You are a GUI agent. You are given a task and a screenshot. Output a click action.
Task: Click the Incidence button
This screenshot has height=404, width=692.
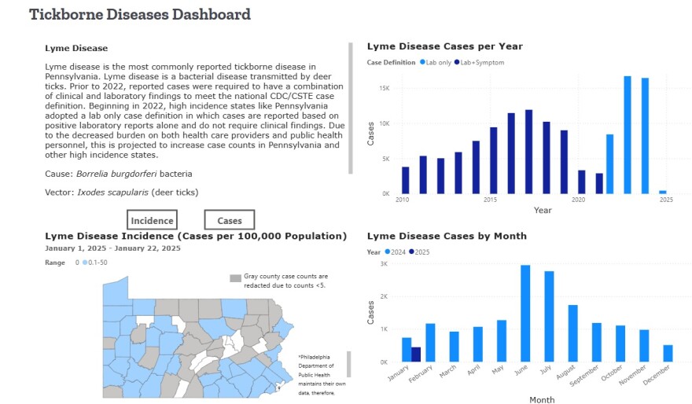(x=152, y=221)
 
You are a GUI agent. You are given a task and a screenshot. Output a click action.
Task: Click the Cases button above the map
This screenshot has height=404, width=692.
(x=229, y=221)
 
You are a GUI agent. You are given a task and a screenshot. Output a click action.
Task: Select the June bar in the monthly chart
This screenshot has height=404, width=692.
(x=525, y=313)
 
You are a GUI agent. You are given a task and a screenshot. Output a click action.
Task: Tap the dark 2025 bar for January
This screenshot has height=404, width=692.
(x=416, y=354)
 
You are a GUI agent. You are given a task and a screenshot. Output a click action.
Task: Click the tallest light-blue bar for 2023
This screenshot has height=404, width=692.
(x=628, y=134)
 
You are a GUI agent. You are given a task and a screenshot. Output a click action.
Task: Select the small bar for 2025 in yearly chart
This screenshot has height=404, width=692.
(x=663, y=192)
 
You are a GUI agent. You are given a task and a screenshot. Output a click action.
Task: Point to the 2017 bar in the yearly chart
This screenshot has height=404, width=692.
(x=528, y=152)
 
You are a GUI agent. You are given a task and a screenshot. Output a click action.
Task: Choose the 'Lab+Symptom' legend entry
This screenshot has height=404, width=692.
(x=478, y=62)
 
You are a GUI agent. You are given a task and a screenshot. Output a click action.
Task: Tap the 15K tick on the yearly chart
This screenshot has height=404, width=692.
(x=385, y=89)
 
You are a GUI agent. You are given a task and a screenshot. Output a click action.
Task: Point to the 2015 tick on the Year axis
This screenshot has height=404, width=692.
(x=490, y=200)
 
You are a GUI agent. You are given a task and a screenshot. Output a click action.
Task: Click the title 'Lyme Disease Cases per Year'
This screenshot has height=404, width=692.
(x=444, y=46)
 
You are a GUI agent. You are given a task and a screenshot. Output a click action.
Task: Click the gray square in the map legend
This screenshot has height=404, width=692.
(x=234, y=278)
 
